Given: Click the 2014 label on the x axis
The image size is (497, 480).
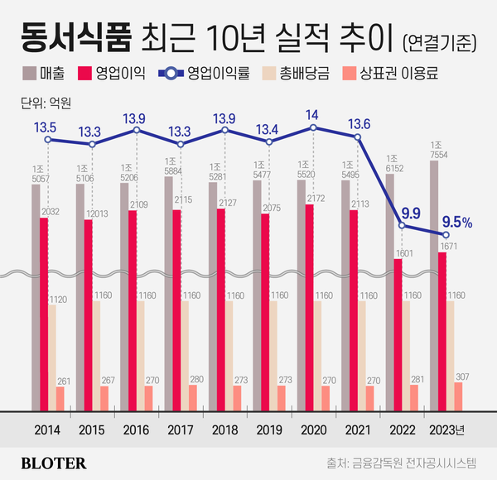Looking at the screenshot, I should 48,430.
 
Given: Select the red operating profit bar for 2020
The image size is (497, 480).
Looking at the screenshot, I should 309,306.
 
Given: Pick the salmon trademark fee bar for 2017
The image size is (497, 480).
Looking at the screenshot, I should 193,397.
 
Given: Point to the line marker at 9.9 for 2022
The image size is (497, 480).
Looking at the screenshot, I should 402,225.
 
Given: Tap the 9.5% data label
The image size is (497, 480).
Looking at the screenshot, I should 456,221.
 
